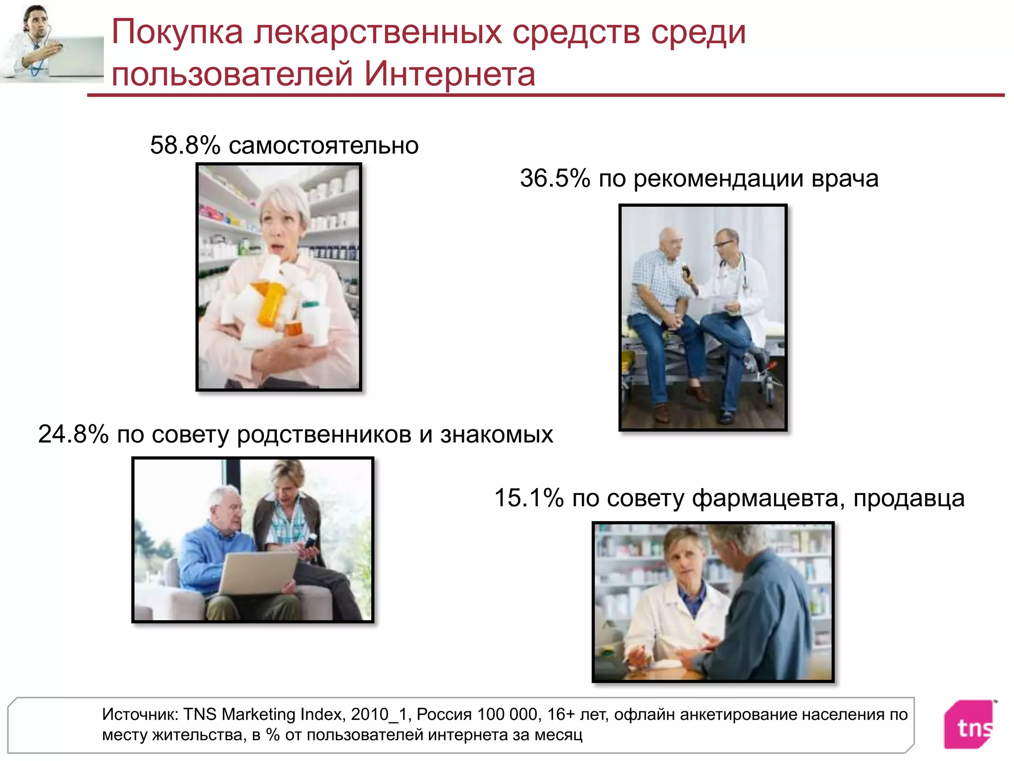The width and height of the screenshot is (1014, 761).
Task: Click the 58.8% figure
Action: (x=185, y=146)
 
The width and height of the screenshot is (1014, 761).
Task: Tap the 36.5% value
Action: (x=555, y=178)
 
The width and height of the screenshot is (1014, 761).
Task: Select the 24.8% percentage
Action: (x=73, y=435)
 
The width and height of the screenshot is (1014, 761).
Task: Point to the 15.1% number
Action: (x=529, y=498)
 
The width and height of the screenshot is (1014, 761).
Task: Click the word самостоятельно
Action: (x=323, y=146)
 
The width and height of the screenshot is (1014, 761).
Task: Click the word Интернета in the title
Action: (x=450, y=74)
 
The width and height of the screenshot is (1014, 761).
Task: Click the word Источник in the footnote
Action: (x=140, y=714)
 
